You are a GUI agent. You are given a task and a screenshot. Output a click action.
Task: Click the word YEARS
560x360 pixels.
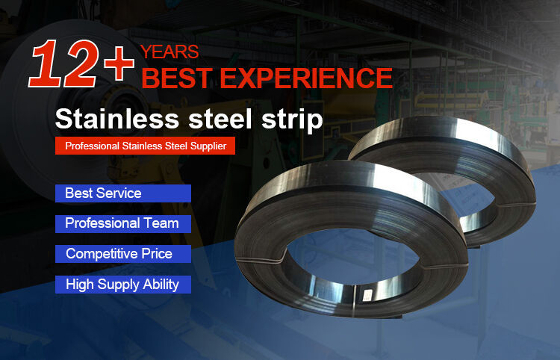[x=169, y=52]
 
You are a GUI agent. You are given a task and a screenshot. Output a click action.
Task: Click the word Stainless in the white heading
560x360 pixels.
[x=116, y=120]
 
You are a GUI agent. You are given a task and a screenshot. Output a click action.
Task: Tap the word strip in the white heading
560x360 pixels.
[x=293, y=120]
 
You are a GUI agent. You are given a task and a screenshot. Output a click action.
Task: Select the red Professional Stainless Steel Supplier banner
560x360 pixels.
[x=146, y=146]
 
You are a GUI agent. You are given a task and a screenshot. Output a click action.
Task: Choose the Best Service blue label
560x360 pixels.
[x=123, y=193]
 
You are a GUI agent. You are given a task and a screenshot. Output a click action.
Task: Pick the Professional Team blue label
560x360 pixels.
[x=123, y=223]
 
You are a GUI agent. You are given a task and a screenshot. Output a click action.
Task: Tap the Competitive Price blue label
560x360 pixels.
[x=123, y=254]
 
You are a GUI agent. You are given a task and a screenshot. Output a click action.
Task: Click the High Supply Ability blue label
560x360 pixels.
[x=123, y=285]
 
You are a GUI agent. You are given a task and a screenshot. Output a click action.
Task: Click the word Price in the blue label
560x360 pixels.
[x=156, y=254]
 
